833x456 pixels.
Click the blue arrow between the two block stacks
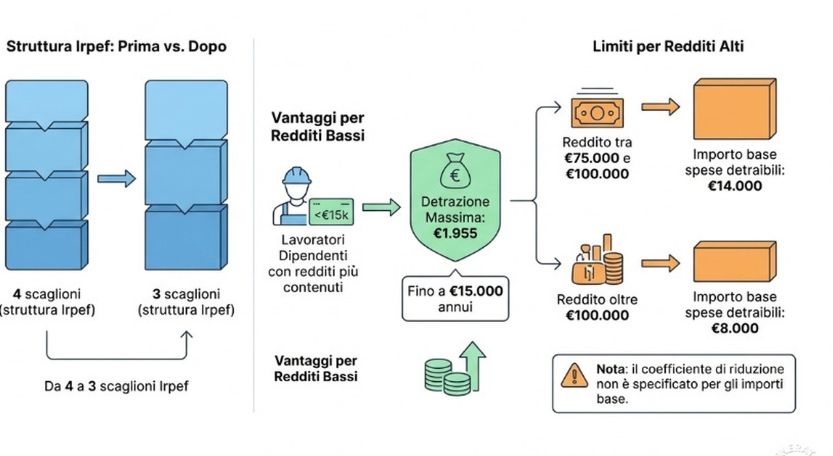(x=116, y=179)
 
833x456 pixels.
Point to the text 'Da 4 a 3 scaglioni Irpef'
(x=116, y=386)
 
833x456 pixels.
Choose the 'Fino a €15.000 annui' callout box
(x=455, y=299)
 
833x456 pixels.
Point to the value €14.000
(x=735, y=186)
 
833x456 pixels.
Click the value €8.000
(x=735, y=328)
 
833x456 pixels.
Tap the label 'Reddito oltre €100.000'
(x=597, y=308)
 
